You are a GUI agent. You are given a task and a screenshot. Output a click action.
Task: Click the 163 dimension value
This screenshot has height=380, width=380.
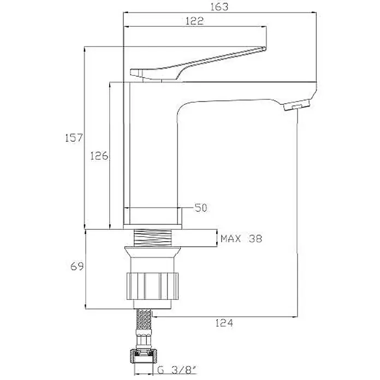pyautogui.click(x=219, y=7)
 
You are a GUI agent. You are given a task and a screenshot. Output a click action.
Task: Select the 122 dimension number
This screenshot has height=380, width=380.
pyautogui.click(x=194, y=21)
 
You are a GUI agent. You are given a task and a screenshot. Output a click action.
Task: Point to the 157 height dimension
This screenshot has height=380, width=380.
pyautogui.click(x=74, y=138)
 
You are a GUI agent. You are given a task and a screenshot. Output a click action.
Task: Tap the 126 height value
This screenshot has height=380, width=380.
pyautogui.click(x=99, y=156)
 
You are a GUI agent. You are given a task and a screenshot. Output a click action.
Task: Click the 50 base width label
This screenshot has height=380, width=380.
pyautogui.click(x=201, y=207)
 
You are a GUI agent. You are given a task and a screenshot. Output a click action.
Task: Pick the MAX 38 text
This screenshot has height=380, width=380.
pyautogui.click(x=241, y=239)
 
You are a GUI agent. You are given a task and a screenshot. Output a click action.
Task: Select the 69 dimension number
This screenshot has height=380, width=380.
pyautogui.click(x=77, y=266)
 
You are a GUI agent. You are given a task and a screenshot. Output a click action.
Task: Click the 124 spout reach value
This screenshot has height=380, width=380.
pyautogui.click(x=224, y=323)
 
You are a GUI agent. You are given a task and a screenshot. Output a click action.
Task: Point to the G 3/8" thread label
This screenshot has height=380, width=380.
pyautogui.click(x=177, y=370)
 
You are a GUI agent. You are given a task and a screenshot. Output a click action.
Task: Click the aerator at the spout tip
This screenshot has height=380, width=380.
pyautogui.click(x=296, y=106)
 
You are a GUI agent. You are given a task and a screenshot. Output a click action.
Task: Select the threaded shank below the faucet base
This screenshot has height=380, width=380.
pyautogui.click(x=153, y=238)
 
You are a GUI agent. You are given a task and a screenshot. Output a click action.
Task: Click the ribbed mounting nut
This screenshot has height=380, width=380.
pyautogui.click(x=152, y=286)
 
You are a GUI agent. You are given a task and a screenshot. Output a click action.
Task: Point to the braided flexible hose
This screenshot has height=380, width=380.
pyautogui.click(x=144, y=319)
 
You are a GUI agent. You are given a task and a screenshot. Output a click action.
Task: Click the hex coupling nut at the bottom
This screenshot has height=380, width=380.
pyautogui.click(x=144, y=356)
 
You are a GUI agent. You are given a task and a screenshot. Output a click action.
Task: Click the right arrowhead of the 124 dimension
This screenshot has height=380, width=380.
pyautogui.click(x=295, y=317)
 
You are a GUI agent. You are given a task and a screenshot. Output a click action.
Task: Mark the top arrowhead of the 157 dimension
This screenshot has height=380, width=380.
pyautogui.click(x=84, y=49)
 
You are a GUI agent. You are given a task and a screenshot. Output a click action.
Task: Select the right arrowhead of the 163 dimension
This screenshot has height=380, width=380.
pyautogui.click(x=313, y=12)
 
